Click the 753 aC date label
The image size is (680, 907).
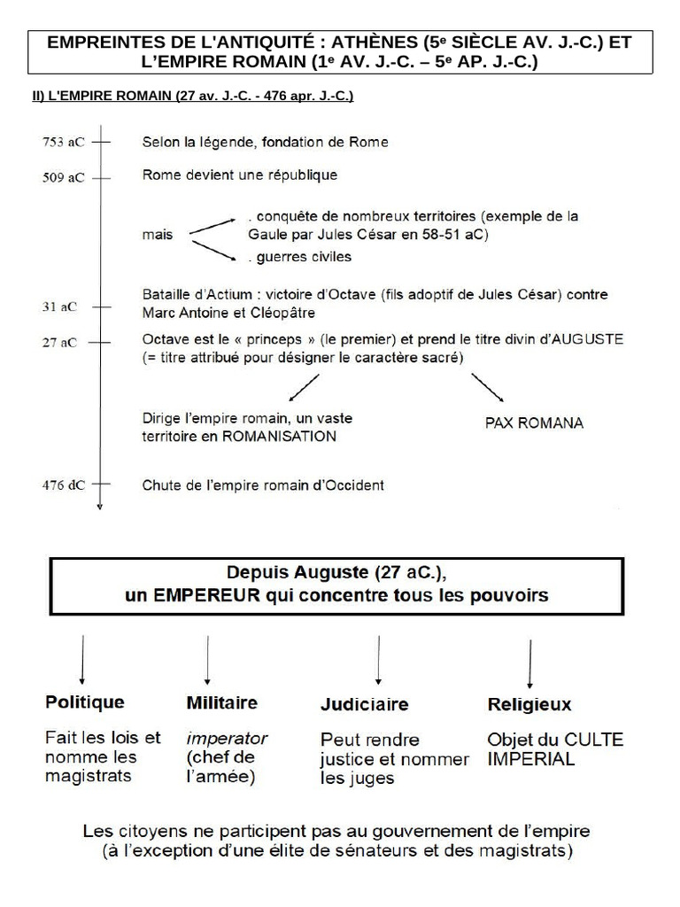(x=63, y=142)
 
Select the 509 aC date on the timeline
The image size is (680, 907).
(x=63, y=177)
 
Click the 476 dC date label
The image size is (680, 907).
(x=63, y=485)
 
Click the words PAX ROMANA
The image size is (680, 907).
(x=534, y=423)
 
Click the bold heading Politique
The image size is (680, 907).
(x=85, y=702)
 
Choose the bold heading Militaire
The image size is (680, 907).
(x=221, y=702)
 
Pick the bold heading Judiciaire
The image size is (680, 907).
(x=364, y=704)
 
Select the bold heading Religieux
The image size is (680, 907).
(x=529, y=705)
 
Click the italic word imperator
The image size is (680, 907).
(x=227, y=738)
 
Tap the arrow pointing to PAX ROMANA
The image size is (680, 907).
(x=487, y=387)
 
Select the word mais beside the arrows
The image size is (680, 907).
(x=157, y=236)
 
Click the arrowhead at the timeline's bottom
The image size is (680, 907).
(x=101, y=506)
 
